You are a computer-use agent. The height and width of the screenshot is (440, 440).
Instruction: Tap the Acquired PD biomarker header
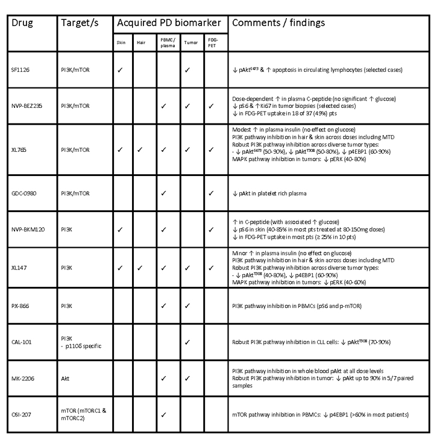pos(169,23)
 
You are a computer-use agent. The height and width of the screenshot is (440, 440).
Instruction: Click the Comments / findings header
pos(278,23)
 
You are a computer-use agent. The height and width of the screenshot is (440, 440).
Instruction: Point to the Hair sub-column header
pos(144,43)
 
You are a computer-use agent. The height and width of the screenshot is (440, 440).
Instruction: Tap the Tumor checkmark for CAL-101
pos(187,342)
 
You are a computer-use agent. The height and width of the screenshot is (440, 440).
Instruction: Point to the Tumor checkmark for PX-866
pos(187,306)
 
